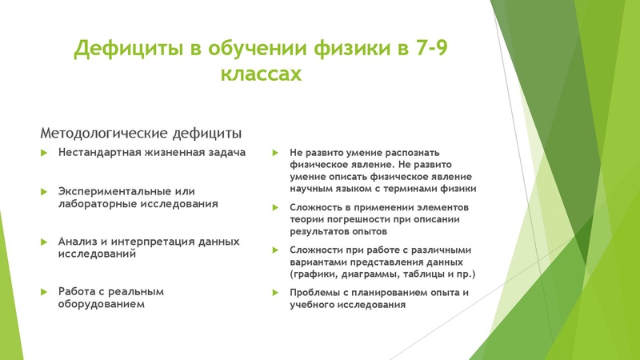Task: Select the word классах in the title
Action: click(261, 75)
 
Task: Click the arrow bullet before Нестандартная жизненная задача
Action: click(45, 153)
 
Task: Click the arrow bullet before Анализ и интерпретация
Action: click(45, 242)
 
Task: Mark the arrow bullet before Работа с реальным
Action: click(45, 291)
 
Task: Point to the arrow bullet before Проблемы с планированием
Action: click(275, 293)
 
